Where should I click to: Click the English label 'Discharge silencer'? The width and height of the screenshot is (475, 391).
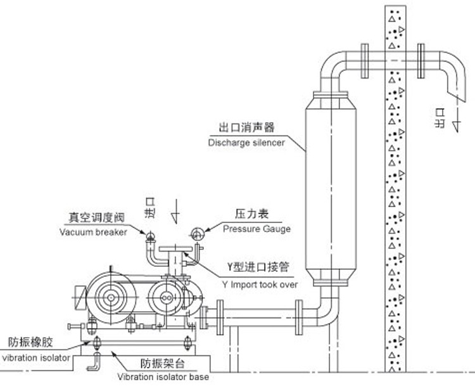(246, 143)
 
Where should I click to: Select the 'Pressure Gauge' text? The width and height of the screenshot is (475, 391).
(256, 229)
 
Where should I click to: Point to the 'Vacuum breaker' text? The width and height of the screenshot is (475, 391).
(94, 231)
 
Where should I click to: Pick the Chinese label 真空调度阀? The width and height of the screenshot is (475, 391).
(96, 218)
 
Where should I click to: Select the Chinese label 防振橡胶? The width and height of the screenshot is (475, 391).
(30, 343)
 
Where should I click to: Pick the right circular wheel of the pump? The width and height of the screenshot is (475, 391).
(167, 297)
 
